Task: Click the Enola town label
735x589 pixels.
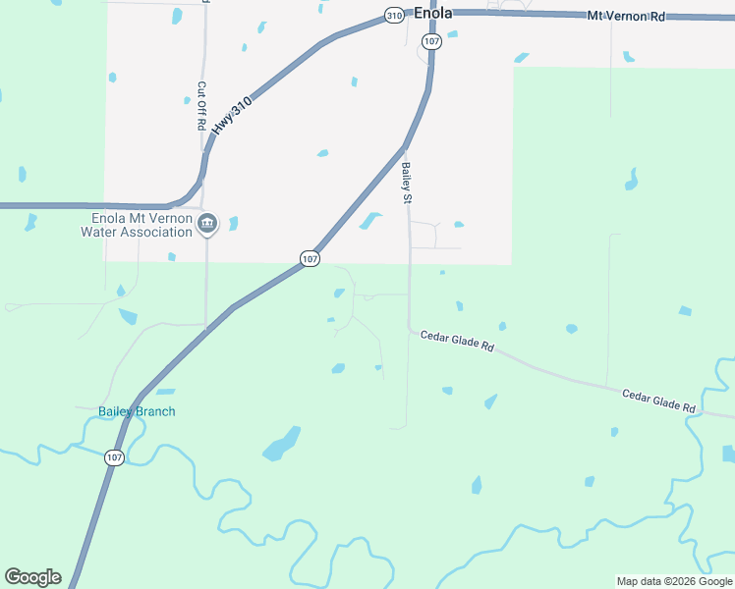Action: pyautogui.click(x=432, y=14)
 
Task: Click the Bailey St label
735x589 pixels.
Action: pyautogui.click(x=405, y=183)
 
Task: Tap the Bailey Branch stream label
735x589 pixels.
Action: pyautogui.click(x=137, y=411)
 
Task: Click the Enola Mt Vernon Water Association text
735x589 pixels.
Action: pyautogui.click(x=141, y=225)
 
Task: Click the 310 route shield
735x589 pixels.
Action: pyautogui.click(x=394, y=16)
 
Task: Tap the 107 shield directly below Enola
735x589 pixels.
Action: pyautogui.click(x=432, y=41)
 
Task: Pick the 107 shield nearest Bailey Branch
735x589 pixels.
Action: pyautogui.click(x=114, y=457)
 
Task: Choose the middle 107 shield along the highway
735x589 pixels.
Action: pyautogui.click(x=310, y=258)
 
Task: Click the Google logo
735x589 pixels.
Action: pyautogui.click(x=32, y=577)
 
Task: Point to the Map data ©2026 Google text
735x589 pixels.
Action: pyautogui.click(x=674, y=581)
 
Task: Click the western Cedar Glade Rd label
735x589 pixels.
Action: pyautogui.click(x=456, y=341)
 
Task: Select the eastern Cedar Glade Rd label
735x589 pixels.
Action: pyautogui.click(x=658, y=400)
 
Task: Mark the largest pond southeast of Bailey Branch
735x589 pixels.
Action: pyautogui.click(x=281, y=445)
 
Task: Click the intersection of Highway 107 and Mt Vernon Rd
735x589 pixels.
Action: pyautogui.click(x=432, y=13)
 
